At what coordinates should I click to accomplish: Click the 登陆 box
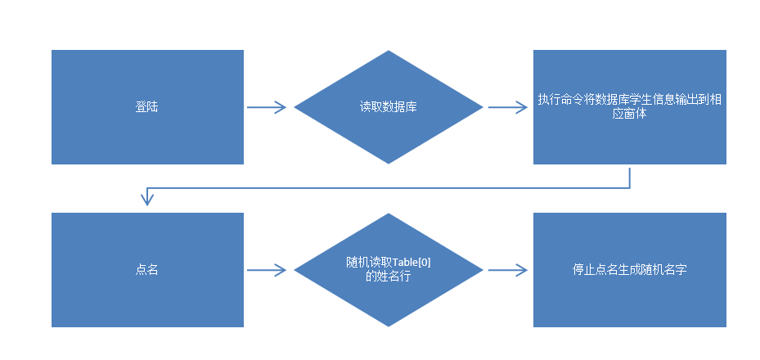[x=147, y=107]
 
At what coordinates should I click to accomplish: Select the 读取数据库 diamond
[x=389, y=107]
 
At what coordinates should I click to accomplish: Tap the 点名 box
[x=147, y=269]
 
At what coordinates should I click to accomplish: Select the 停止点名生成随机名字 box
[x=630, y=269]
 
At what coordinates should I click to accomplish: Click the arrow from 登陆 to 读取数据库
[x=267, y=107]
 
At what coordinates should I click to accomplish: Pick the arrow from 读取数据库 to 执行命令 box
[x=508, y=107]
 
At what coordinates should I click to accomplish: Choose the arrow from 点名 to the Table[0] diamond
[x=267, y=269]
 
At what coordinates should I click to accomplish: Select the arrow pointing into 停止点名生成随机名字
[x=508, y=269]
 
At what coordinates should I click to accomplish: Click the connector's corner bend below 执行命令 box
[x=629, y=187]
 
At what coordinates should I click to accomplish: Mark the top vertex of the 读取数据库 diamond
[x=389, y=52]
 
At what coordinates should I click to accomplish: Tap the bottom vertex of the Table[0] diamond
[x=389, y=326]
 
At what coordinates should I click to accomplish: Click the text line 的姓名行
[x=389, y=277]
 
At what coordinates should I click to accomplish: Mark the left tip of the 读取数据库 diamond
[x=295, y=107]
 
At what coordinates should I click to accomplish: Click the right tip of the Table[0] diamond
[x=483, y=269]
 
